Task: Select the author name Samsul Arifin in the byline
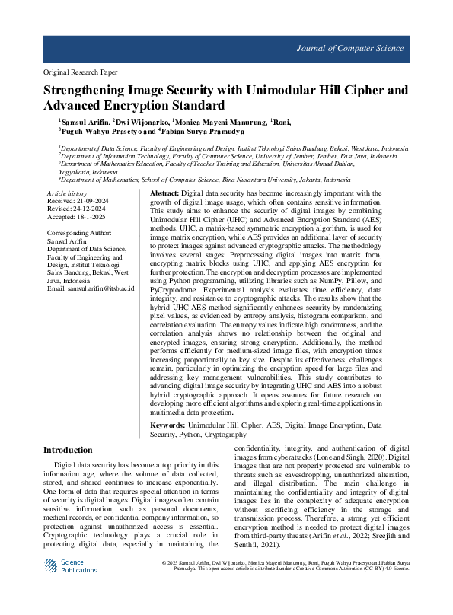(85, 122)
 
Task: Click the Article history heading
(67, 195)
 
